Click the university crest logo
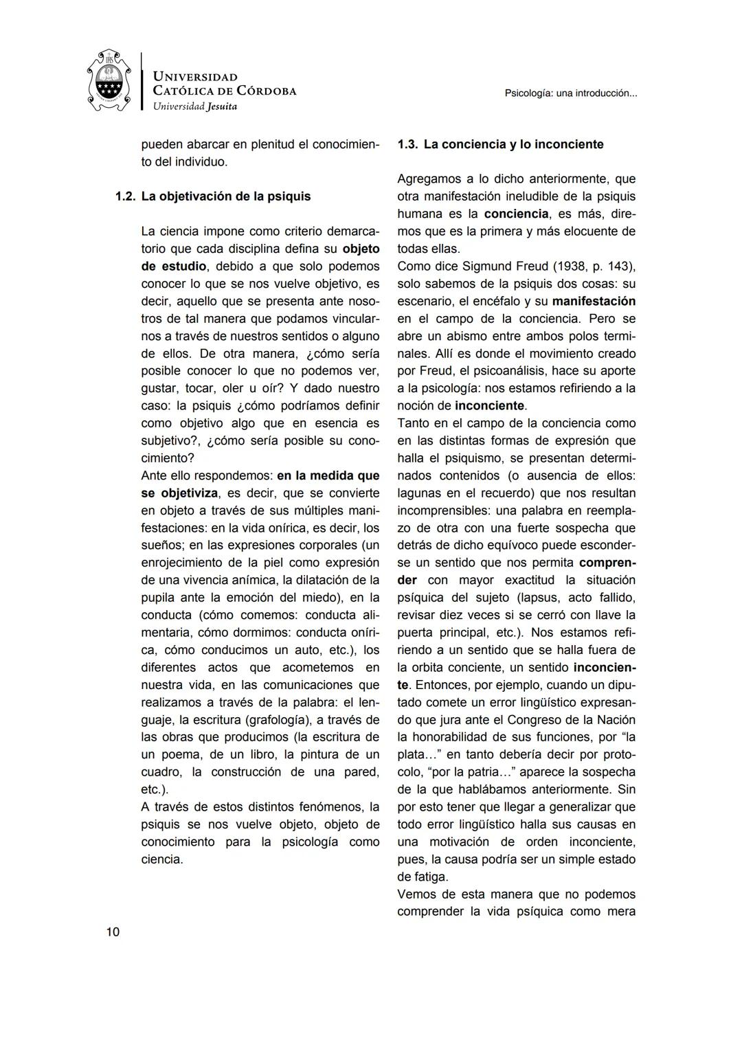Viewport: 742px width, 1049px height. tap(109, 81)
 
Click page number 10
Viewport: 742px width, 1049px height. tap(113, 932)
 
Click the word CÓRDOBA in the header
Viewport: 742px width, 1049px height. tap(266, 91)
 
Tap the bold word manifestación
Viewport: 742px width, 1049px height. tap(594, 302)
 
